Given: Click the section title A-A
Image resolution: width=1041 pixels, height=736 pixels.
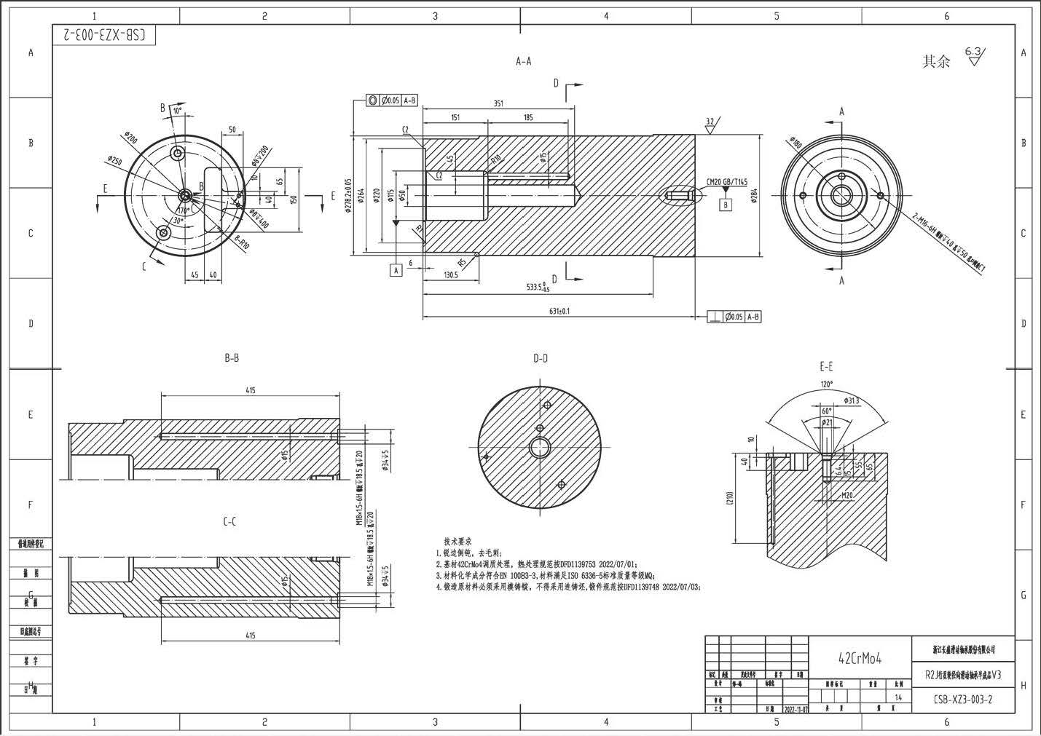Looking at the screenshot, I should pyautogui.click(x=523, y=62).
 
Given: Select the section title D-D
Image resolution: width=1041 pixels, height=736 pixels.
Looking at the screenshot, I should pyautogui.click(x=540, y=358).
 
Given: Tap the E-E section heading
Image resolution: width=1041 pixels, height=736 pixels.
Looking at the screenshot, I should pyautogui.click(x=826, y=366).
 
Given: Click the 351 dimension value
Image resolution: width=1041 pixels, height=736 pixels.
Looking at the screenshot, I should pyautogui.click(x=498, y=103).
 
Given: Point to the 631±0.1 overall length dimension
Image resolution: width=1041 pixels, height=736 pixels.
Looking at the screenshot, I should pyautogui.click(x=559, y=311).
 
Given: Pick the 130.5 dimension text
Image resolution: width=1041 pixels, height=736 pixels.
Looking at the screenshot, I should pyautogui.click(x=450, y=274).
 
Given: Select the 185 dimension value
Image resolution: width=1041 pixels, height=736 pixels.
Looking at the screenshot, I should pyautogui.click(x=527, y=117).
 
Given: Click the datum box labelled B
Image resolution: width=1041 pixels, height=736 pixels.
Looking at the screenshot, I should pyautogui.click(x=726, y=205).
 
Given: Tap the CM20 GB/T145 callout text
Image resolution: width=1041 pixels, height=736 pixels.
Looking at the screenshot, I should pyautogui.click(x=727, y=182).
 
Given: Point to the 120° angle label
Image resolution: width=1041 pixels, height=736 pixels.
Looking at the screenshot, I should pyautogui.click(x=826, y=384).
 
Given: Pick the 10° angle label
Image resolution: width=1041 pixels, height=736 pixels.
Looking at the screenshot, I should pyautogui.click(x=177, y=111).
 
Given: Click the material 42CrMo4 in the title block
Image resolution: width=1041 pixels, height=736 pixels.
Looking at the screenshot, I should pyautogui.click(x=860, y=658).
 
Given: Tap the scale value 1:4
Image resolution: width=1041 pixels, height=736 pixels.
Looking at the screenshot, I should pyautogui.click(x=898, y=697).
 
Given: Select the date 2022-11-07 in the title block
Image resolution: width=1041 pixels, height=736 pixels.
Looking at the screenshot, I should pyautogui.click(x=796, y=708).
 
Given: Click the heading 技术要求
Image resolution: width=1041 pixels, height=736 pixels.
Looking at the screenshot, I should pyautogui.click(x=458, y=542).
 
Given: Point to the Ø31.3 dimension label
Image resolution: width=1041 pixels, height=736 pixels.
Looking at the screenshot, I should pyautogui.click(x=852, y=400).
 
